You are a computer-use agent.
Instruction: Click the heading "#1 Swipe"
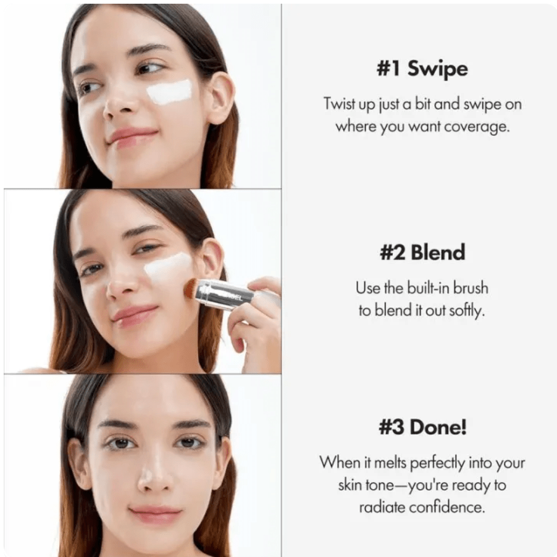422,69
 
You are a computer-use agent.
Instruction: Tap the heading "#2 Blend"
422,252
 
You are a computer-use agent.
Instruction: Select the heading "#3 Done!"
422,427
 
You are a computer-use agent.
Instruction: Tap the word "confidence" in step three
452,507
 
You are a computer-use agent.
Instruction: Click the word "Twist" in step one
340,103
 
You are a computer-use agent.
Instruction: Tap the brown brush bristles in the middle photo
191,288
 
